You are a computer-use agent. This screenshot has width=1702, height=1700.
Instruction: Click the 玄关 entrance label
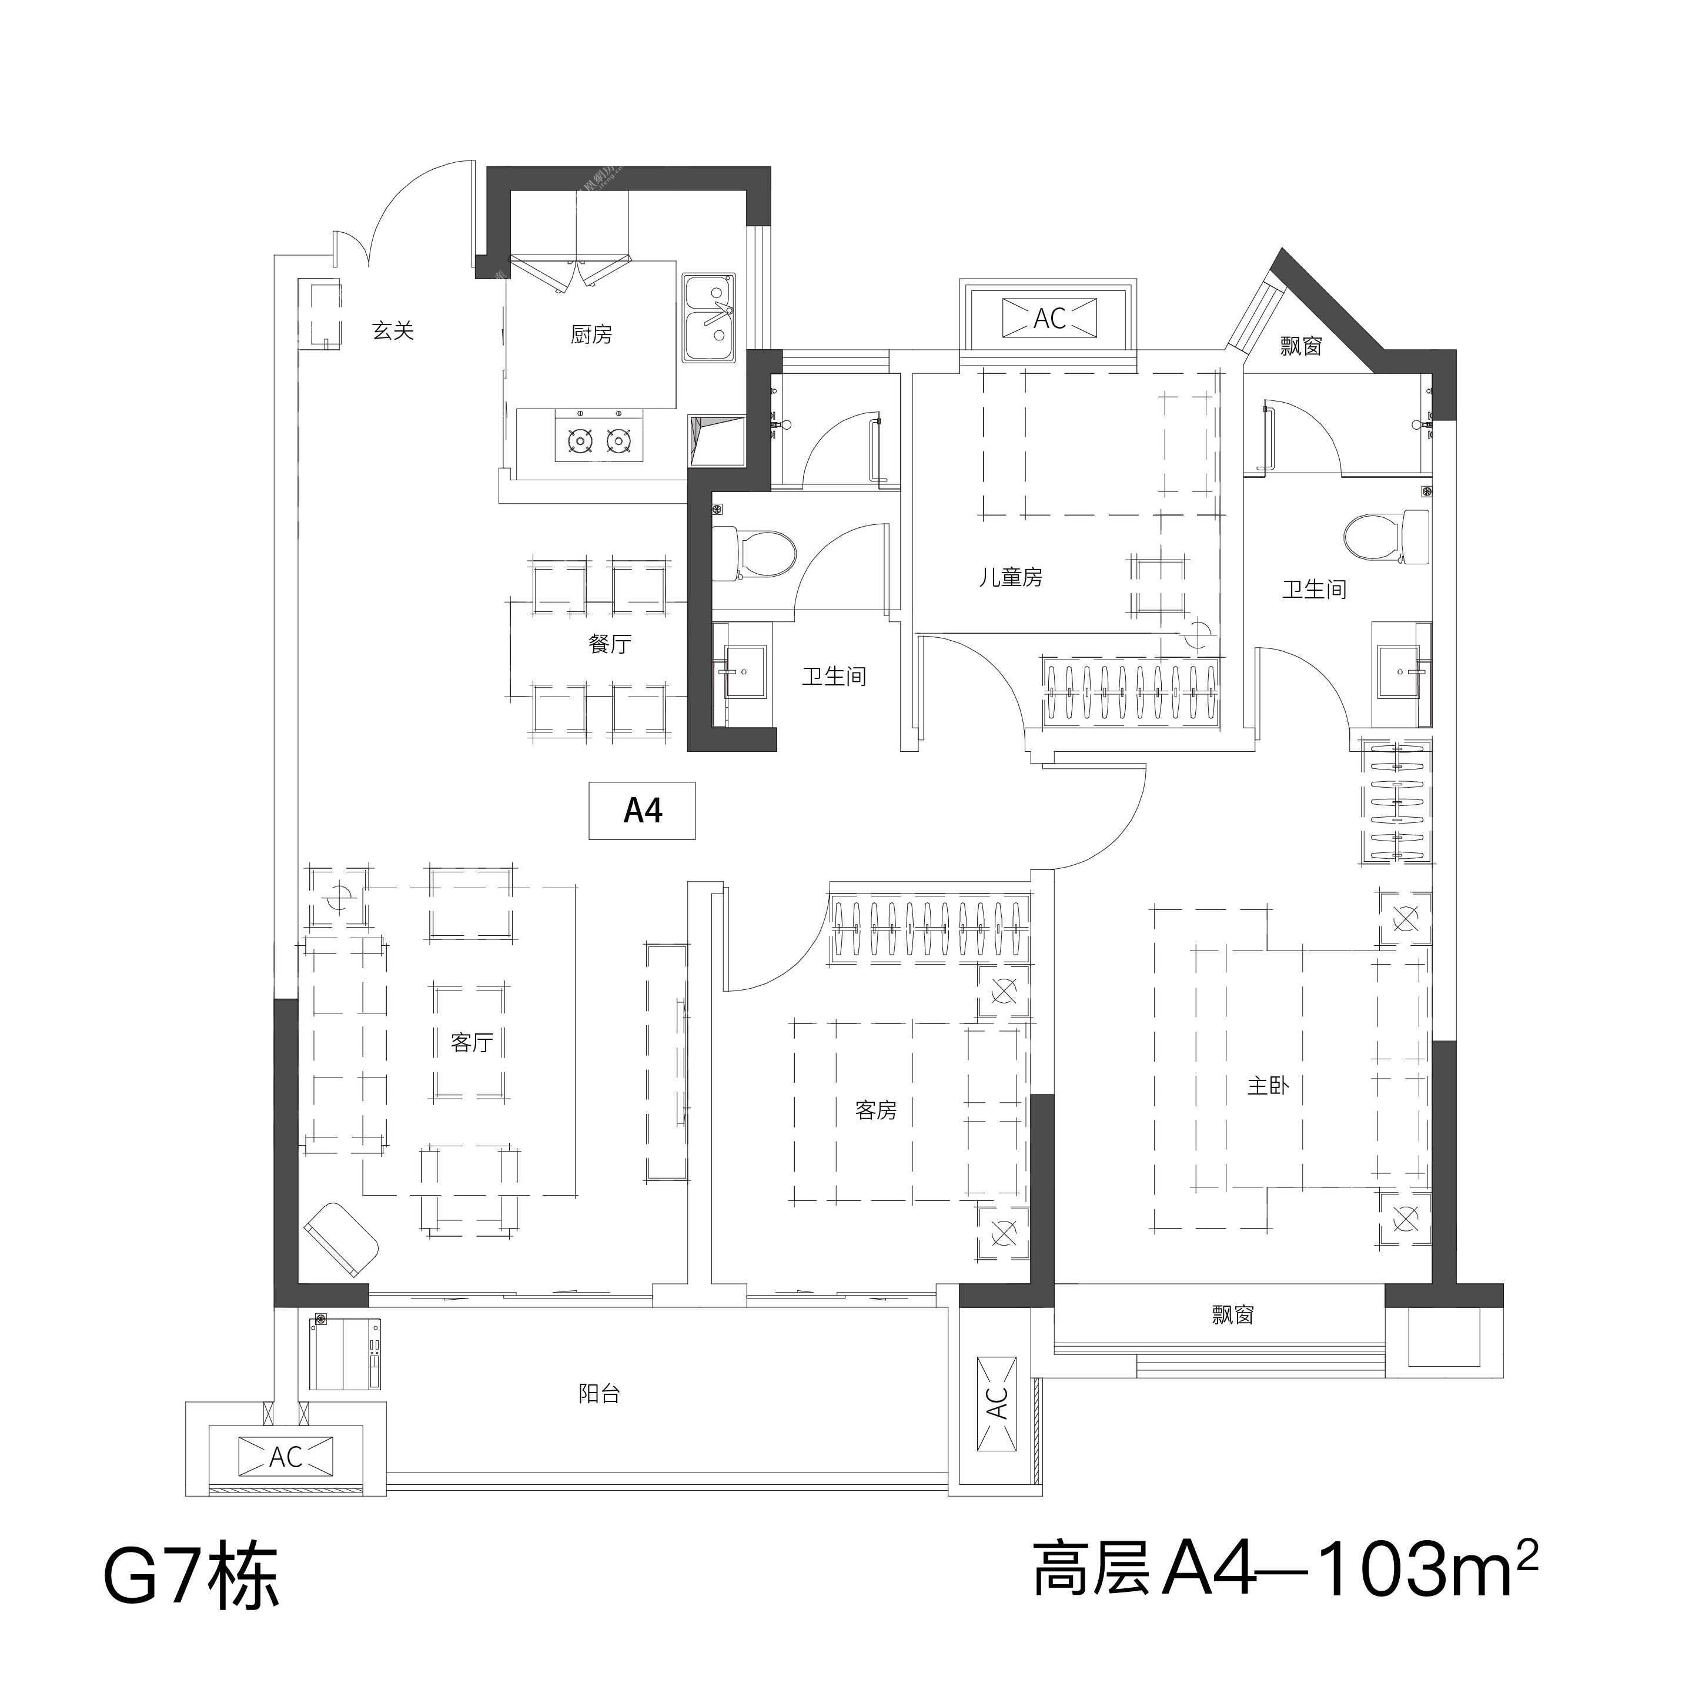[x=393, y=331]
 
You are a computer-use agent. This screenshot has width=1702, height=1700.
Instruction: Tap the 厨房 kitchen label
[x=591, y=334]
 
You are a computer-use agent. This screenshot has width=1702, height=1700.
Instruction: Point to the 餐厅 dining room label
[x=610, y=644]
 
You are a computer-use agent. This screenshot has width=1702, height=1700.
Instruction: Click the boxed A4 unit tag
[x=642, y=811]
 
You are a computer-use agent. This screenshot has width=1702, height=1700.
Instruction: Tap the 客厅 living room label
[x=472, y=1043]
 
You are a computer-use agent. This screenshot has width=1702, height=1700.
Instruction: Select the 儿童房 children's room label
[x=1011, y=578]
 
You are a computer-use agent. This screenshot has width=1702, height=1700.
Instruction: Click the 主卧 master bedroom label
[x=1269, y=1086]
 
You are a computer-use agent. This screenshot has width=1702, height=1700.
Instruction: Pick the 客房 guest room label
[x=875, y=1111]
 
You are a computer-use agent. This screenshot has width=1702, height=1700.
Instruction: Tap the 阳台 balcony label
[x=599, y=1394]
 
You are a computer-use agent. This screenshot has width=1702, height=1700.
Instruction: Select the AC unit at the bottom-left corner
[x=285, y=1456]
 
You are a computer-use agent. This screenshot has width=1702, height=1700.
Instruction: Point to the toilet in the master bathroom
[x=1387, y=537]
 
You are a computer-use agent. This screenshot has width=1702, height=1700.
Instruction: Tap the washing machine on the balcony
[x=346, y=1353]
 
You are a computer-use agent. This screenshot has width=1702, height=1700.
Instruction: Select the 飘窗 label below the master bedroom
[x=1232, y=1316]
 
